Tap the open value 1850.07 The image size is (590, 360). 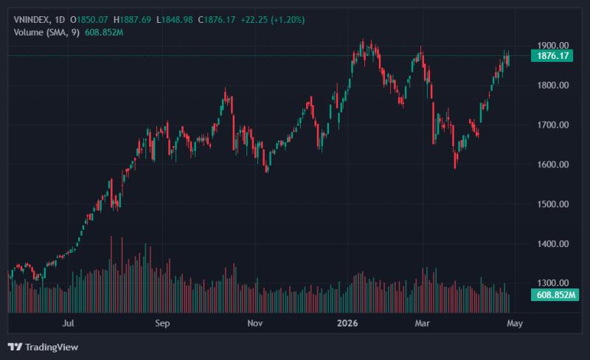tap(92, 20)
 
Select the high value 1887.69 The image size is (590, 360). tap(136, 20)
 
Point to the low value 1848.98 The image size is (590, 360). tap(177, 20)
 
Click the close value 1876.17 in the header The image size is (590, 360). tap(220, 20)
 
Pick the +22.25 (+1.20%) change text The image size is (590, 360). tap(273, 20)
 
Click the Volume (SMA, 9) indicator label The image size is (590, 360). tap(46, 32)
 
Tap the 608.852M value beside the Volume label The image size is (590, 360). tap(104, 32)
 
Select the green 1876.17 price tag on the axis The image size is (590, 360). tap(552, 56)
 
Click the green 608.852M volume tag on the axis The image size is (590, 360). tap(555, 294)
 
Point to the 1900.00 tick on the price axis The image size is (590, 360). tap(552, 46)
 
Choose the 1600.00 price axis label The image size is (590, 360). tap(552, 165)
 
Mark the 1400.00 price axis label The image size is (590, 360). tap(552, 244)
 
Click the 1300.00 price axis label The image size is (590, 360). tap(552, 283)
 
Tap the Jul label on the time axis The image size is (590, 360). tap(68, 323)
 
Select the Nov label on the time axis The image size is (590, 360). tap(254, 323)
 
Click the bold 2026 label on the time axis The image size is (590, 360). tap(347, 323)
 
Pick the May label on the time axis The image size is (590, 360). tap(514, 323)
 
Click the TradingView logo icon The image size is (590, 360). tap(15, 347)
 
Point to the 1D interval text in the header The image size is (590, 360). tap(60, 20)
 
